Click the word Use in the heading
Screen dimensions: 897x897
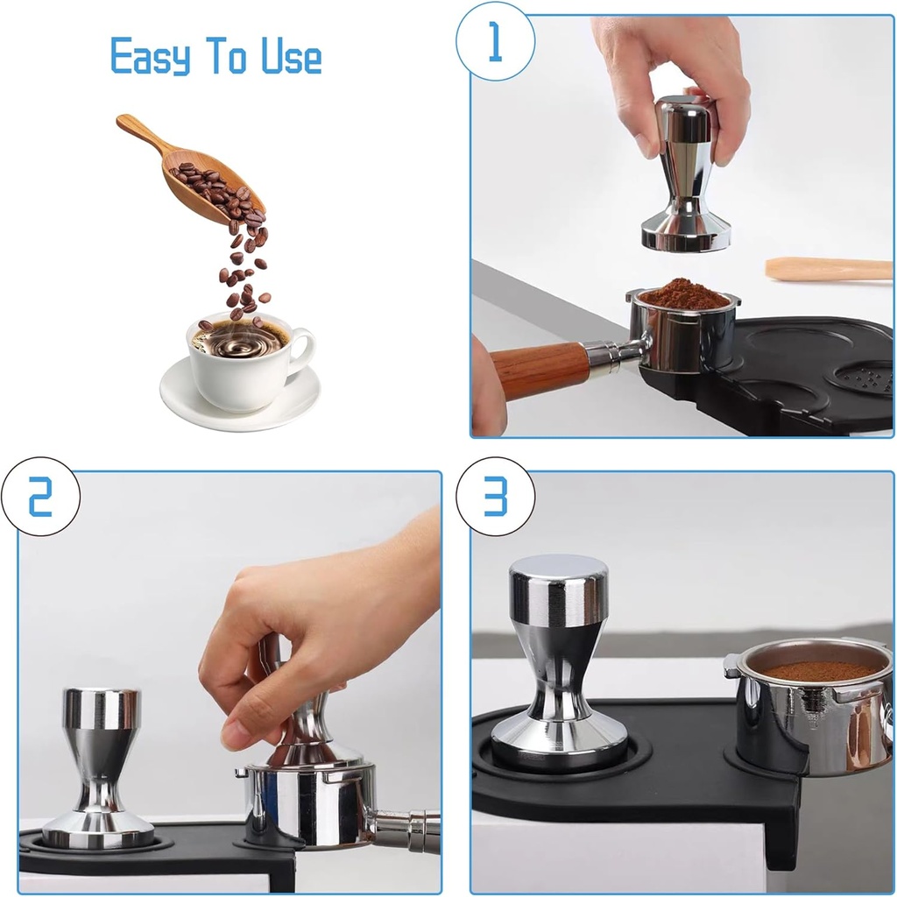point(292,58)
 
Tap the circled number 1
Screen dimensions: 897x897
point(495,42)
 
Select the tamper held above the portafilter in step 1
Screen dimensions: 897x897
point(686,175)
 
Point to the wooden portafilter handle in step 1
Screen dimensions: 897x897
point(539,368)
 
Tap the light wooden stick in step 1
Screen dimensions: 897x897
point(828,269)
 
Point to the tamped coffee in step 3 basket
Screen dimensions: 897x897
point(819,671)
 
